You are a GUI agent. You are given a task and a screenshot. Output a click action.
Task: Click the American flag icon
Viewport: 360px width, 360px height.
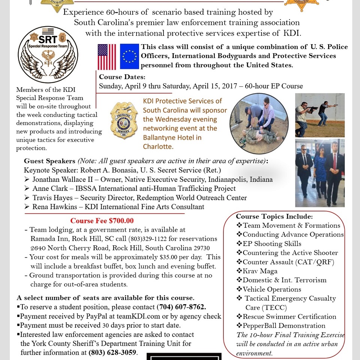[x=107, y=57]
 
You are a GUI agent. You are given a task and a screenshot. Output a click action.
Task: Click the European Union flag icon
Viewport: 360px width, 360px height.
[x=129, y=57]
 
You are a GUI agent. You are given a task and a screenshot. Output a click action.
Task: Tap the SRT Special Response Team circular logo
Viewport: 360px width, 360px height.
[x=48, y=54]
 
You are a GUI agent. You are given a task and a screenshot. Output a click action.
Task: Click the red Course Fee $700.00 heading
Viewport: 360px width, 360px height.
[x=102, y=221]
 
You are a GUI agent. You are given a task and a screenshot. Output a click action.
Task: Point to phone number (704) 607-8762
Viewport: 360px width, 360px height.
[x=181, y=307]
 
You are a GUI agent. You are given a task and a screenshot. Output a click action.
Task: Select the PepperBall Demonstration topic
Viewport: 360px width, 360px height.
[x=284, y=325]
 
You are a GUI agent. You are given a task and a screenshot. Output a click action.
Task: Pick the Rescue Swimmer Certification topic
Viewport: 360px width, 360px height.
[x=289, y=316]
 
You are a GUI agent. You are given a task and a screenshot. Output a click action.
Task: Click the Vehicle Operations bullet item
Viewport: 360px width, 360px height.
[x=272, y=289]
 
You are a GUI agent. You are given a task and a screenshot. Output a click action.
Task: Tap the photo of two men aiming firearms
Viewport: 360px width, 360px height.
[x=319, y=115]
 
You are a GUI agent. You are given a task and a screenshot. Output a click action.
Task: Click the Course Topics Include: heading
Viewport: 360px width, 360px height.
[x=274, y=216]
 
